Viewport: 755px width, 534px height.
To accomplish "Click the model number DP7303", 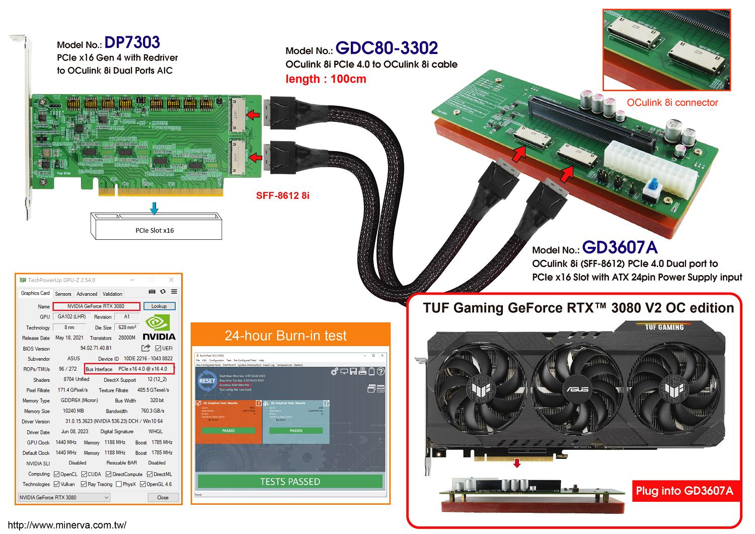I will (132, 43).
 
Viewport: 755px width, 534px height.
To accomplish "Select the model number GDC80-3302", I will (387, 48).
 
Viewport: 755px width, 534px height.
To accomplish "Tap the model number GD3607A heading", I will (620, 247).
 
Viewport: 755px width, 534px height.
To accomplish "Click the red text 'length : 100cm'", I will (326, 79).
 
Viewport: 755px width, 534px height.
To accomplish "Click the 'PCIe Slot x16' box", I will (155, 230).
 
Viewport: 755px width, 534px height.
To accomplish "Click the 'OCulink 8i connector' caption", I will (672, 103).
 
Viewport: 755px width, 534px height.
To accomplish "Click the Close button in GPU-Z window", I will (163, 497).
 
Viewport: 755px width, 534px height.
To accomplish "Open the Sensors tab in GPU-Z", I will (63, 294).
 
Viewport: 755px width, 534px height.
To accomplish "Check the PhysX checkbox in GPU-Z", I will (119, 484).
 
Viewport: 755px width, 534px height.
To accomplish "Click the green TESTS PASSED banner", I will (289, 482).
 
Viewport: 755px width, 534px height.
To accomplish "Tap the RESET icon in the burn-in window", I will (207, 380).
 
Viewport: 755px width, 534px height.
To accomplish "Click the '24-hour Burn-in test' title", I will (285, 336).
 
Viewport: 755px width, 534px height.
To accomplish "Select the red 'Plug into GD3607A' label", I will (684, 491).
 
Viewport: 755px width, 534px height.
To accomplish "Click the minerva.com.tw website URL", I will (67, 525).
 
